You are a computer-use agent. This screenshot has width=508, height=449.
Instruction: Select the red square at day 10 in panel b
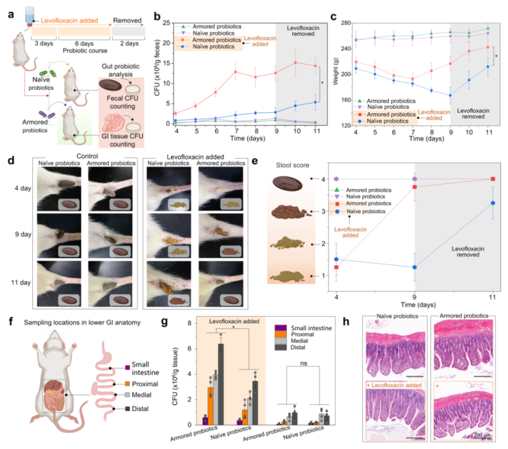pos(295,63)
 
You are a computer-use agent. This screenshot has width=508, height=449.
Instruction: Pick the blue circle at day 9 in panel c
pos(450,95)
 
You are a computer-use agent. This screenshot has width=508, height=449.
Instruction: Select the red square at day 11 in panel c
pos(488,47)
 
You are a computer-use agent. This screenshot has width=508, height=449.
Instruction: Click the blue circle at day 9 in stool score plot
pos(415,267)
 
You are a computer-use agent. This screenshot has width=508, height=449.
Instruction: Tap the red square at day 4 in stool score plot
pos(336,267)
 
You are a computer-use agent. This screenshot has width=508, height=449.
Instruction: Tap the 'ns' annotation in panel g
pos(303,364)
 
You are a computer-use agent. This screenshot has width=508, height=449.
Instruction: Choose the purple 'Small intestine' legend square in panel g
pos(278,328)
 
